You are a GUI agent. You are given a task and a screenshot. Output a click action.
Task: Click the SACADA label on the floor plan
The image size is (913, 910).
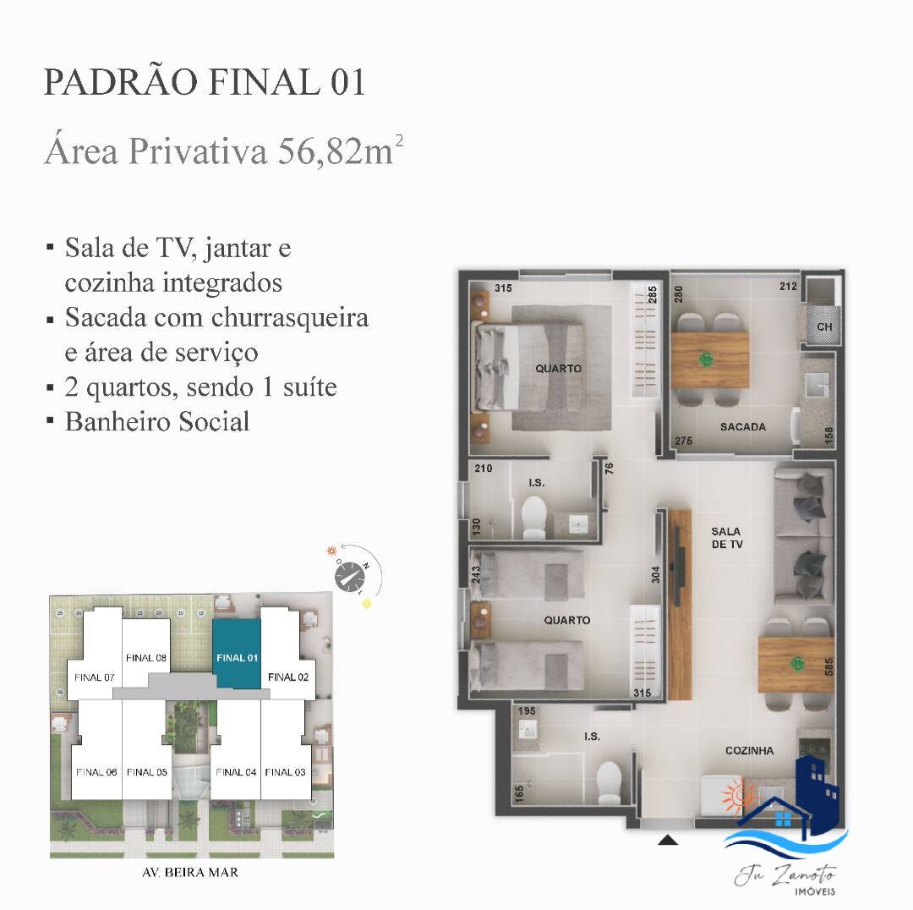point(743,427)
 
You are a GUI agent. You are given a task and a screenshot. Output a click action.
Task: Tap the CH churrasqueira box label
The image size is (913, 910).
point(824,327)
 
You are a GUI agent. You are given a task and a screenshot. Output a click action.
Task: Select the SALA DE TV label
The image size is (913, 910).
point(727,538)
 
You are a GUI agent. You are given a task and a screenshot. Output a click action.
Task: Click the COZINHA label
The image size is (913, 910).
point(749,750)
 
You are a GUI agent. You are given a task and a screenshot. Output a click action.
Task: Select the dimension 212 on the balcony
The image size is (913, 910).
point(789,287)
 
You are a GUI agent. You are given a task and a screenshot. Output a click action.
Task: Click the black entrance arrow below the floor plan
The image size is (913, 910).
point(669,840)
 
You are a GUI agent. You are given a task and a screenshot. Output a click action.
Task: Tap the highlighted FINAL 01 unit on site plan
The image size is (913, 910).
point(237,657)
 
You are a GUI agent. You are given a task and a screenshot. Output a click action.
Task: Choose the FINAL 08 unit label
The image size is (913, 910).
point(145,657)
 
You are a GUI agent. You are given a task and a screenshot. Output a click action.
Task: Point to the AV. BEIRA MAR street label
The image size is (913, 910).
point(191,872)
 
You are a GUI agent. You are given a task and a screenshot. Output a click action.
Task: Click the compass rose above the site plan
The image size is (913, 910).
point(352,576)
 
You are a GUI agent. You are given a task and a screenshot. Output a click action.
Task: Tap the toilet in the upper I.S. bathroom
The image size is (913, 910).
point(534,517)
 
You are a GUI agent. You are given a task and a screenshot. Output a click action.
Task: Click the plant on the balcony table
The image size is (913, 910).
point(704,358)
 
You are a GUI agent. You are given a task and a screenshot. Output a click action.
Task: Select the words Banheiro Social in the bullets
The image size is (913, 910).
point(157,421)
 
